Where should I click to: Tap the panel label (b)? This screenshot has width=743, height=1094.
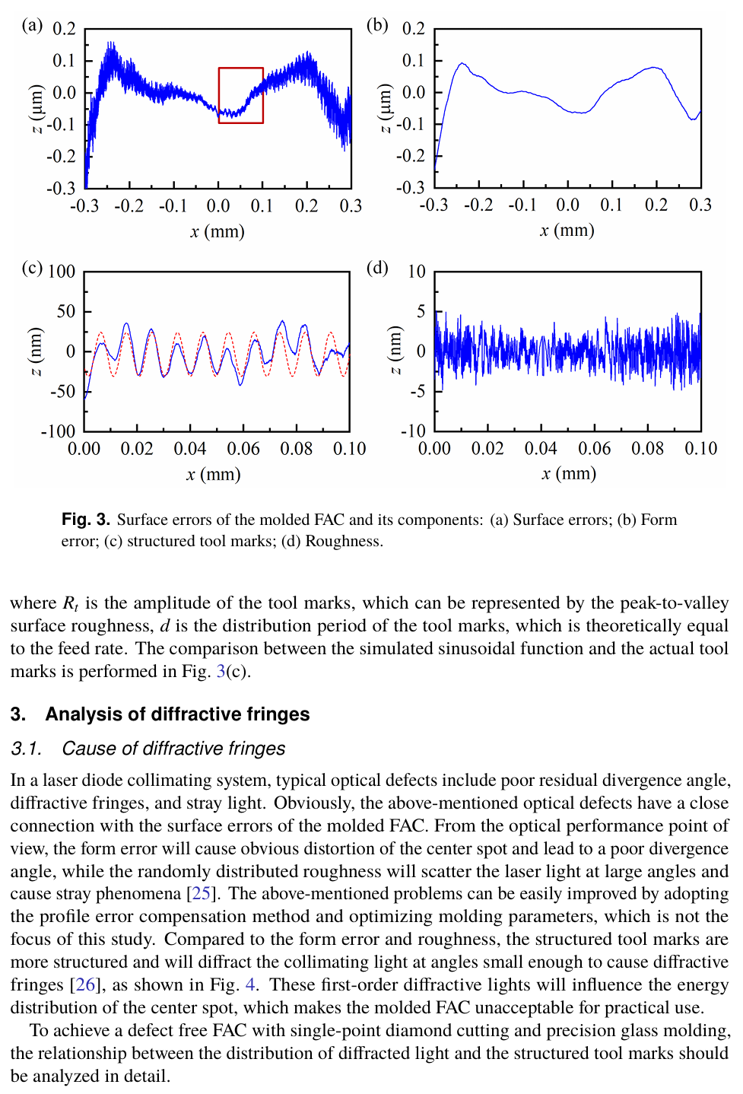tap(377, 25)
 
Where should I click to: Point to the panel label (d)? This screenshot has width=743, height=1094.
tap(377, 268)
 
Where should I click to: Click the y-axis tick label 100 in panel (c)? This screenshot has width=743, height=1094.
tap(62, 272)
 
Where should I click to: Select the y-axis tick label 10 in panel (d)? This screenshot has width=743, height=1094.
tap(416, 272)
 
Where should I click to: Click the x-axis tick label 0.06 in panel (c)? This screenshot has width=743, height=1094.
tap(243, 449)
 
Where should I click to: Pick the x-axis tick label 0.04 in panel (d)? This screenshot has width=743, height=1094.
tap(541, 449)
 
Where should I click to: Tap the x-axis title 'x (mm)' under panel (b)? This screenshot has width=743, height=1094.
tap(567, 230)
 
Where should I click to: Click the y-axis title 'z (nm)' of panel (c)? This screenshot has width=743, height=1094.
tap(35, 351)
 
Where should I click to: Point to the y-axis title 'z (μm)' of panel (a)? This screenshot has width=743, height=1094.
tap(36, 108)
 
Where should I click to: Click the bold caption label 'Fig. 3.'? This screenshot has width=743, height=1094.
tap(86, 520)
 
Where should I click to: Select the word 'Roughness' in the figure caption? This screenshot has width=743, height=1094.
tap(341, 541)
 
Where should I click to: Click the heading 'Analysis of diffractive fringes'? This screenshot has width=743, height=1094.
tap(177, 714)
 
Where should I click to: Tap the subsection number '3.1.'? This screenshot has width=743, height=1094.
tap(27, 749)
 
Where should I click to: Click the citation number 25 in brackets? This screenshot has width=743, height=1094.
tap(201, 893)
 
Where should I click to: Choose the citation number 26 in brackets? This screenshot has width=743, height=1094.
tap(85, 984)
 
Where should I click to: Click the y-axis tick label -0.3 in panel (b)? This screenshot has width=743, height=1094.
tap(411, 187)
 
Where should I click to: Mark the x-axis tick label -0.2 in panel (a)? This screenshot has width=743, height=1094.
tap(129, 205)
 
